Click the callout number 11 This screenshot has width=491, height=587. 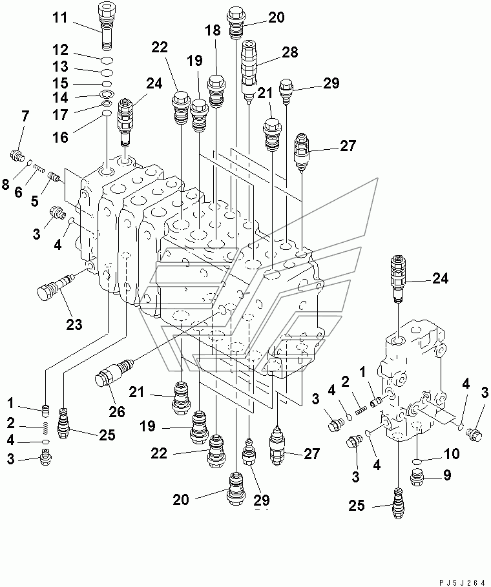(x=60, y=17)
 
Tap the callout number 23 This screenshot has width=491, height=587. (x=74, y=324)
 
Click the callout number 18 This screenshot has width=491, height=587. (x=213, y=30)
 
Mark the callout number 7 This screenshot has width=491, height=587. (x=25, y=116)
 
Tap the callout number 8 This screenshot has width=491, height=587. (x=5, y=184)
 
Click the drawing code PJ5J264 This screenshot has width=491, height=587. (x=459, y=580)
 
